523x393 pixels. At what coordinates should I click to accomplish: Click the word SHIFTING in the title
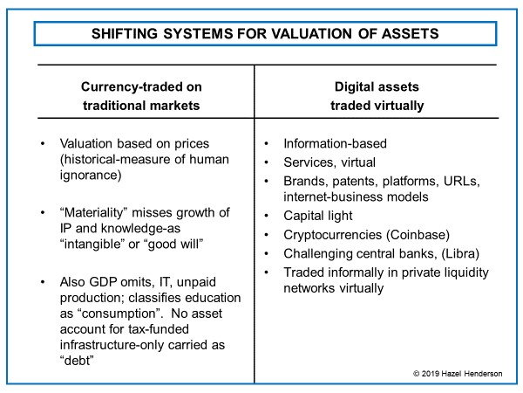point(125,34)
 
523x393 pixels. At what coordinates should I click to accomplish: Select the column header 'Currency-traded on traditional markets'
point(141,96)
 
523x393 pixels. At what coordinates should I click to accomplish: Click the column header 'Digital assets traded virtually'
point(377,96)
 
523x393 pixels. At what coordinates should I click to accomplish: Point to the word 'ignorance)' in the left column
point(91,176)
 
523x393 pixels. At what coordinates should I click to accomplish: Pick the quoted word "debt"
point(77,361)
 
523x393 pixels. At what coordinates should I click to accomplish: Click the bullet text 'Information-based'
point(336,144)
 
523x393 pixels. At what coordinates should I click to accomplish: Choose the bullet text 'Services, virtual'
point(329,162)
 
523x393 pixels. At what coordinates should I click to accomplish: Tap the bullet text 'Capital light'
point(318,216)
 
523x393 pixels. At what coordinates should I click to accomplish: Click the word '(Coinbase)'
point(418,235)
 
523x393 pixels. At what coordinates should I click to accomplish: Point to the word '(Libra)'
point(460,253)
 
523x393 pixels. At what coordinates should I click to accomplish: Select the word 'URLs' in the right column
point(462,181)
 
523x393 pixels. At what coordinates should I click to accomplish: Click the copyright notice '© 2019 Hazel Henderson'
point(458,374)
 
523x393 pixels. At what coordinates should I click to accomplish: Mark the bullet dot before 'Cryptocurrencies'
point(266,235)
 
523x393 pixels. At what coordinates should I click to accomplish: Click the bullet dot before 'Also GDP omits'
point(43,282)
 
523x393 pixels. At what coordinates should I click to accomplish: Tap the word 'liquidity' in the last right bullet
point(465,272)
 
